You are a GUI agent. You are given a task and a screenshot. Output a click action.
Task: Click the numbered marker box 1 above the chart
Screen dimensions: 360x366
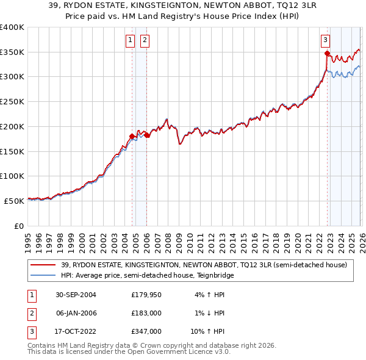[131, 40]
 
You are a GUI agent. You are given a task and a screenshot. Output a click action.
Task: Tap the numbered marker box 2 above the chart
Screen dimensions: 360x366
[145, 40]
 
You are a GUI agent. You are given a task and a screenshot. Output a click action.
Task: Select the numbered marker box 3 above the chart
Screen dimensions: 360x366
[326, 40]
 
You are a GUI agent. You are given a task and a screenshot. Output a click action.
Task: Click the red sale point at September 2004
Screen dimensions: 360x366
[132, 136]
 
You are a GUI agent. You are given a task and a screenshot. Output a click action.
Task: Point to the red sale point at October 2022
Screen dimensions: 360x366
[327, 53]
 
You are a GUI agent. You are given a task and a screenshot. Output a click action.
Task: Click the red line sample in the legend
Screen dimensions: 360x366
[43, 265]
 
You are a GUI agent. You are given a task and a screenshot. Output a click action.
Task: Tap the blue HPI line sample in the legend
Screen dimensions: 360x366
[43, 275]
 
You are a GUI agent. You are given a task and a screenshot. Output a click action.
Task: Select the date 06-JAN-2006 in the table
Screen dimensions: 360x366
[76, 313]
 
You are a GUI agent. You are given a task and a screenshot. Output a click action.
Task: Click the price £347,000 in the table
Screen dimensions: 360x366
[146, 331]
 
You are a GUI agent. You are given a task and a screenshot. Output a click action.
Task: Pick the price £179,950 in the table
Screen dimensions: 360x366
[146, 295]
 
